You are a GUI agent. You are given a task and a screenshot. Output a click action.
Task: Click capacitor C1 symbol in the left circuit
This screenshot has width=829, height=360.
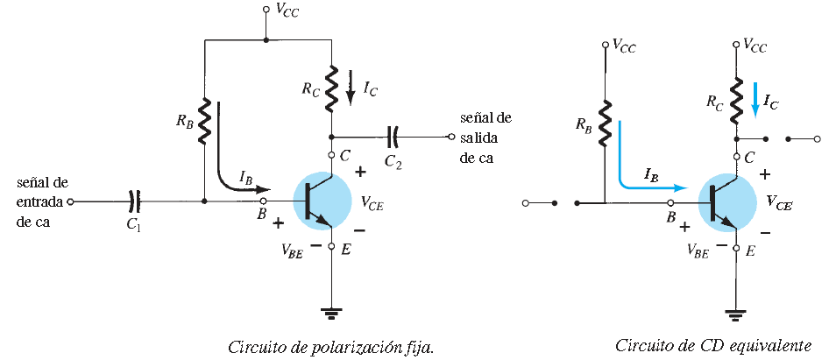tap(134, 201)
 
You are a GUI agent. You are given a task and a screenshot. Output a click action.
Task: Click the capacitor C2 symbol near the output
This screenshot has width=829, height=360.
tap(393, 137)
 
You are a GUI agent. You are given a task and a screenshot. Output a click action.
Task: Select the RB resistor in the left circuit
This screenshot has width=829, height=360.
tap(204, 121)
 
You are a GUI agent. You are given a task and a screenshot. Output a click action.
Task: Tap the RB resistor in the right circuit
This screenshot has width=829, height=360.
tap(605, 121)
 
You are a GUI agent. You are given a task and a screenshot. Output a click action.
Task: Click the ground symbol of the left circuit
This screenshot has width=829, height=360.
tap(331, 311)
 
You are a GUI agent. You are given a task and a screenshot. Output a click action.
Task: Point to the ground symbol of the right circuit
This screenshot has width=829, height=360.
tap(736, 311)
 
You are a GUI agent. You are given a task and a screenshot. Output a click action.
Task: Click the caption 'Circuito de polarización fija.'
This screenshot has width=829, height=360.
tap(331, 346)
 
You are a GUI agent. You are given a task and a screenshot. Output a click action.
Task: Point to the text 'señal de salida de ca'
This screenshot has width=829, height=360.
tap(485, 138)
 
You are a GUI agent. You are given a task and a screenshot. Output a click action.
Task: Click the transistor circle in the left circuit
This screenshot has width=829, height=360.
tap(321, 202)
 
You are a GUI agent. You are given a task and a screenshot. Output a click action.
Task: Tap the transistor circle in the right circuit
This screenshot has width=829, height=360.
tap(726, 202)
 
